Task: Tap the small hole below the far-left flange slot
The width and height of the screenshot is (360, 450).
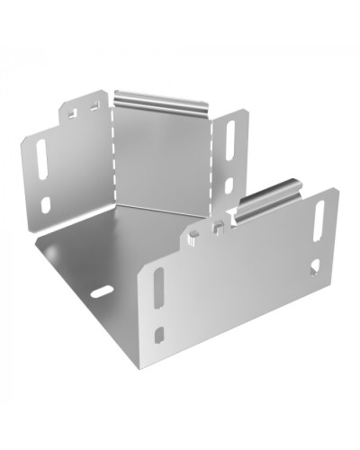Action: pyautogui.click(x=45, y=204)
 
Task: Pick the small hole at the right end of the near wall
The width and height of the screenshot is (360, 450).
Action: pyautogui.click(x=314, y=266)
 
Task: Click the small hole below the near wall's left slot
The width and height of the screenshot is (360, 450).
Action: pyautogui.click(x=159, y=334)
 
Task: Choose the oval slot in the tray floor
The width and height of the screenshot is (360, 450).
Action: pyautogui.click(x=101, y=292)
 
